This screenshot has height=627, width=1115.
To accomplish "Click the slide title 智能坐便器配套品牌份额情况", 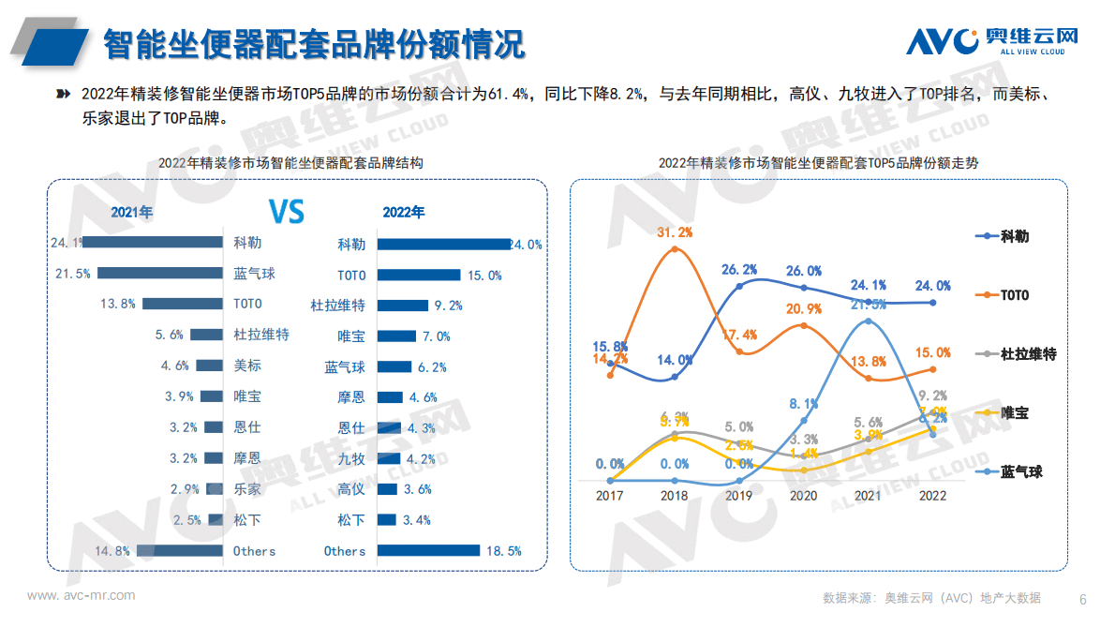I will point(313,43).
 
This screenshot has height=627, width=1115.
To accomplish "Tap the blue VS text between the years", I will point(287,211).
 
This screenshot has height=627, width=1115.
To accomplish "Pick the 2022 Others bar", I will point(430,551).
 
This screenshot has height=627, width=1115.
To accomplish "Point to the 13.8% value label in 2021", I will point(119,304).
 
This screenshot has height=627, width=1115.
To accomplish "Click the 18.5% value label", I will point(503,551).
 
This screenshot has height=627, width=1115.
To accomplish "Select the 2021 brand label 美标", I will point(247,366).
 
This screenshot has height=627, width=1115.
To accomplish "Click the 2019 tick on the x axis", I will point(739,496).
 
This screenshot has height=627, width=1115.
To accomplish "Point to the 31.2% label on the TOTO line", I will point(675,232).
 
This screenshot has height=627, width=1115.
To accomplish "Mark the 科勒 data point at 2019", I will point(739,285).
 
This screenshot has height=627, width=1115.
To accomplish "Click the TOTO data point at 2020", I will point(804,326).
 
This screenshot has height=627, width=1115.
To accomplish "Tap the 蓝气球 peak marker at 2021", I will point(869,321).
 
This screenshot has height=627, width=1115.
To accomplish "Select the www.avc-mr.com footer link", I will point(81,596).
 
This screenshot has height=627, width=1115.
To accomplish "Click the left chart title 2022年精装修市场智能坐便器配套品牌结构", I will point(290,162).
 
